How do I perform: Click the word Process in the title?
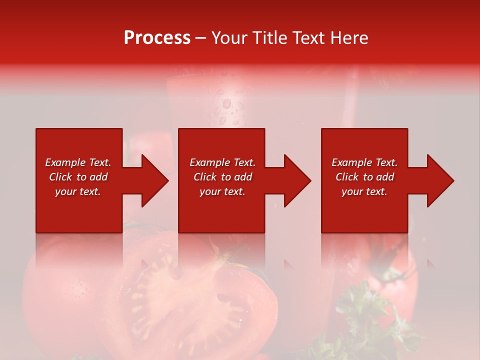157,38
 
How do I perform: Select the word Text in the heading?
308,38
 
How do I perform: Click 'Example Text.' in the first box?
78,162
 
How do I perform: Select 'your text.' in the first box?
78,191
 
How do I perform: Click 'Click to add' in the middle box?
222,177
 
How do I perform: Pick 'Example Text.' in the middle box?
222,162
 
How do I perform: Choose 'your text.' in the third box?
364,191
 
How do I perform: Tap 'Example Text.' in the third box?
364,162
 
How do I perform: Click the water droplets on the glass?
227,107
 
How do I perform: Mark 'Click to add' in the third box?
364,177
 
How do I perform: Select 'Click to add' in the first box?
78,177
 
